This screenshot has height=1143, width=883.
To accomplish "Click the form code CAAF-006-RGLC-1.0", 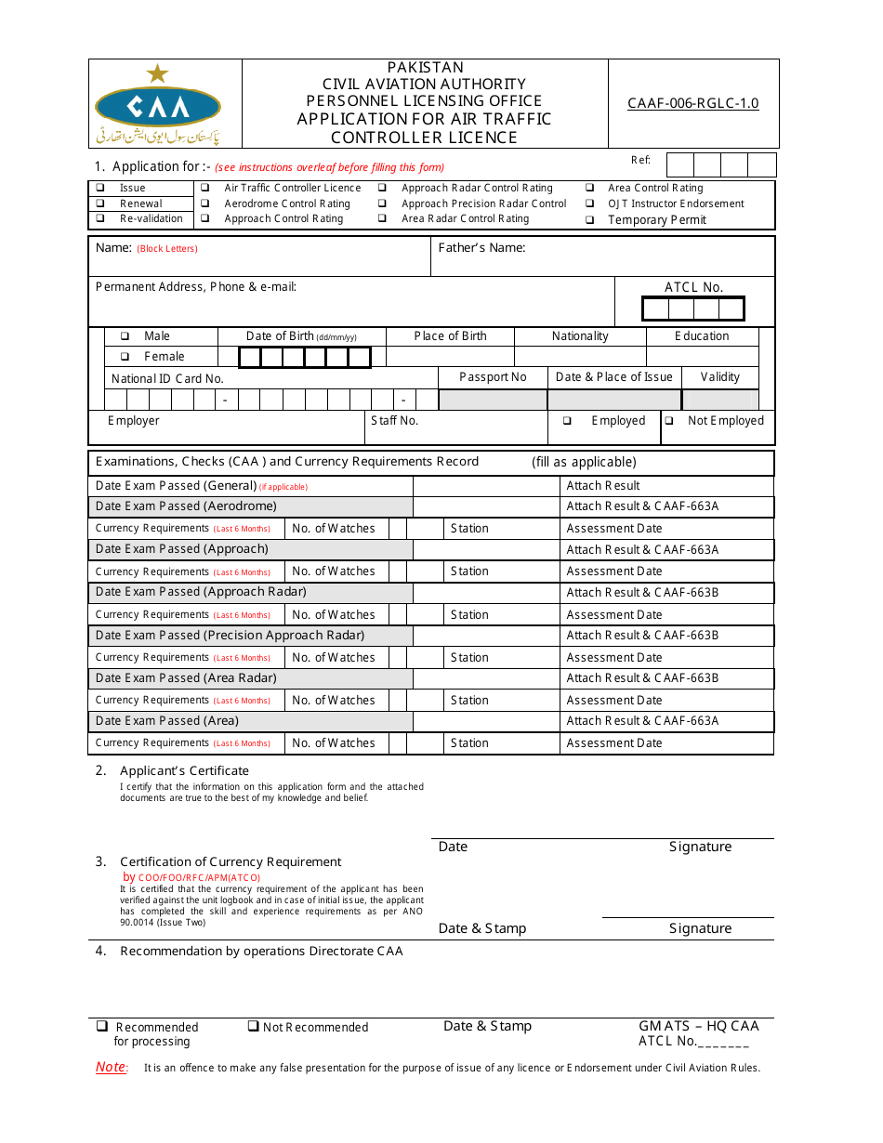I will coord(692,103).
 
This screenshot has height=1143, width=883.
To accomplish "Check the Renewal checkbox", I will coord(99,204).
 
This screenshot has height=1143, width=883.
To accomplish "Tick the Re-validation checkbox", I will coord(99,218).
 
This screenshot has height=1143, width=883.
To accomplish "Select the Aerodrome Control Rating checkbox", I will coord(204,204).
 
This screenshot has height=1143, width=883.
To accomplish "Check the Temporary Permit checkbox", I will coord(589,220).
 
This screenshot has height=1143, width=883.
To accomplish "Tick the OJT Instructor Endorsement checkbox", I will coord(589,204).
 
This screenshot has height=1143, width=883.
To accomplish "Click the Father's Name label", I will coord(481,248).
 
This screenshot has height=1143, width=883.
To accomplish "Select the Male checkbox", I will coord(125,336).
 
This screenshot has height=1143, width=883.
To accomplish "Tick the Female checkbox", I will coord(125,357).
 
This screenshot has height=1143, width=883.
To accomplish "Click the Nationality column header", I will coord(580,336).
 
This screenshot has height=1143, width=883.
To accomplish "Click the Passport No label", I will coord(493,377).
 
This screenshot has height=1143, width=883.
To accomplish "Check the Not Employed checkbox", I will coord(669,421).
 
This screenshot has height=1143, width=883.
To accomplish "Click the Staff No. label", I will coord(394,421).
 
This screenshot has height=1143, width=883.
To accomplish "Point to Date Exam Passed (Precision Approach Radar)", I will coord(230,636).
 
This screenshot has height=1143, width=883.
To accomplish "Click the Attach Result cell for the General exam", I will coord(603,486).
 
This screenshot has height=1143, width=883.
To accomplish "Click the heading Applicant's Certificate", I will coord(184,770).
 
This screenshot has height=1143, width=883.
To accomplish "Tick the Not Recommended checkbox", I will coord(253,1026).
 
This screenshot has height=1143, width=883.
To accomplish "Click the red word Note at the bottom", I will coord(111,1068).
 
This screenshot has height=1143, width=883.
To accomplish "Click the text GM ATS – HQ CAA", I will coord(698,1026).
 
